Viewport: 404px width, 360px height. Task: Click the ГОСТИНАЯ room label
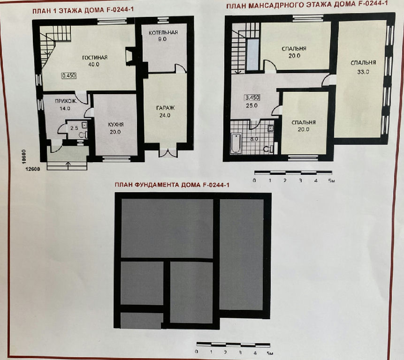[95, 58]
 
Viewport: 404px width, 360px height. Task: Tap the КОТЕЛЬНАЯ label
[163, 32]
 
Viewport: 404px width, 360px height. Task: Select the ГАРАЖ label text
[166, 108]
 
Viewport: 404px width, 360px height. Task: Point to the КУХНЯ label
[116, 125]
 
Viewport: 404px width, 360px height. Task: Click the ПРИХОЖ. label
[66, 101]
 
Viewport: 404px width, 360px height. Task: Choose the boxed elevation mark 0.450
[69, 75]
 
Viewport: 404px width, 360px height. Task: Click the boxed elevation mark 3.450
[252, 97]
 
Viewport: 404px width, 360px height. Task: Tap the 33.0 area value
[363, 72]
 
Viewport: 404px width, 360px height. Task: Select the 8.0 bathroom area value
[254, 139]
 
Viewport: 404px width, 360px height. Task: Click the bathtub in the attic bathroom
[236, 143]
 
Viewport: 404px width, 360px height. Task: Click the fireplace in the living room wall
[130, 55]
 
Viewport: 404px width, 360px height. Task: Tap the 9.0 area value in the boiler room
[162, 39]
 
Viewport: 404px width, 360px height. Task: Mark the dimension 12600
[33, 169]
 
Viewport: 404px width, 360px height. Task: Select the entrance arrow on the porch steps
[68, 166]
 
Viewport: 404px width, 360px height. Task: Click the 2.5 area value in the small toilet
[74, 128]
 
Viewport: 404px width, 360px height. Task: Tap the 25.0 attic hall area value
[252, 105]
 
